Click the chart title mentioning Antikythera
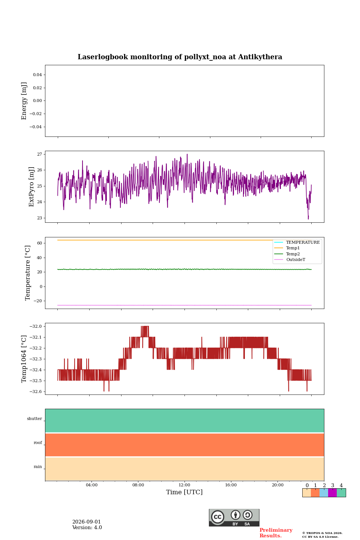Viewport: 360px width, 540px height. point(180,57)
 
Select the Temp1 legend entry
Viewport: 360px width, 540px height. point(293,248)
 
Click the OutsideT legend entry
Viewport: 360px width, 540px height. point(295,259)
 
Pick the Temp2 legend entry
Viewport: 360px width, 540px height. point(293,254)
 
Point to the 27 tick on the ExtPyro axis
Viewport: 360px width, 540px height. point(39,154)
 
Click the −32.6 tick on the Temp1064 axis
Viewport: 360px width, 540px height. point(36,391)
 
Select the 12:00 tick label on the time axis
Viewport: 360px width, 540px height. point(184,485)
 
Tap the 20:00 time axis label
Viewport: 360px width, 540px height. point(278,485)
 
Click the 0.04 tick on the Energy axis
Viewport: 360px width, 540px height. point(37,75)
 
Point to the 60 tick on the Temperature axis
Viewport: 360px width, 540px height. point(39,243)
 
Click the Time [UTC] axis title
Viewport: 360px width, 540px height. point(184,492)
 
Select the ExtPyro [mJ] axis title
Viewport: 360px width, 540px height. point(31,187)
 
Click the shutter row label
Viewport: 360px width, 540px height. point(34,418)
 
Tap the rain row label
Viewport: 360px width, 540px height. point(38,466)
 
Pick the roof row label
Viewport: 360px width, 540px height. point(38,442)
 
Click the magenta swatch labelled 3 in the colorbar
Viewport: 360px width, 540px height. point(333,493)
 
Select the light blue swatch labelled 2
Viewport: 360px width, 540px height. point(324,493)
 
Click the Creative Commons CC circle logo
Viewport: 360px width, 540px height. point(218,517)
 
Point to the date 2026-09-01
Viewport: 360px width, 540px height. point(87,522)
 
